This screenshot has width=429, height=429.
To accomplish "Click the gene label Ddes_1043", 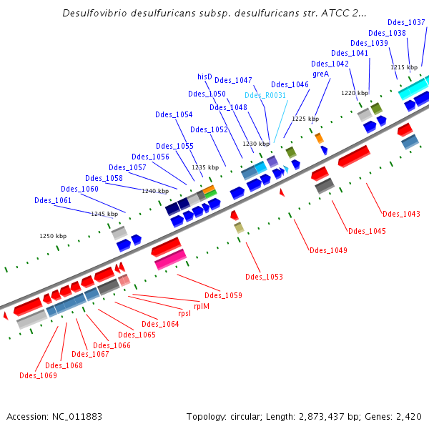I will [x=401, y=213].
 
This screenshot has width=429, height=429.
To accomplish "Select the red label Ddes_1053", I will [x=264, y=277].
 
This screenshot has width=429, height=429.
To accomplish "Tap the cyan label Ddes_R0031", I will [x=265, y=95].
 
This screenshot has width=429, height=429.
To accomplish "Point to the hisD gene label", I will [x=205, y=77].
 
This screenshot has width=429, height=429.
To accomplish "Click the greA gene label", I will [x=320, y=74].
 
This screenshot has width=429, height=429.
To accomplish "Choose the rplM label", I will [x=202, y=305].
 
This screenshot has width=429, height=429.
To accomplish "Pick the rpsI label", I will [x=184, y=313].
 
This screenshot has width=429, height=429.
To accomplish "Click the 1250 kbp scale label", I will [x=52, y=236].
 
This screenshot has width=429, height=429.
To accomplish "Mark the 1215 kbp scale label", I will [x=404, y=67].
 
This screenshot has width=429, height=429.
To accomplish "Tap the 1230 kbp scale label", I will [x=255, y=144].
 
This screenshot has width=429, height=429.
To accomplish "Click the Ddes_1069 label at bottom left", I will [x=38, y=375].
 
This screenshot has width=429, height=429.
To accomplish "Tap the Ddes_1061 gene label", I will [x=53, y=200].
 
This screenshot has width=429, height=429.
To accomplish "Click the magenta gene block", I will [x=170, y=259].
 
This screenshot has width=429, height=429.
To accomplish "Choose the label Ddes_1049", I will [x=328, y=250].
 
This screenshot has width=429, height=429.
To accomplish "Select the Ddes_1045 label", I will [x=367, y=231].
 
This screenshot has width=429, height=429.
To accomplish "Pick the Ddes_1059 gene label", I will [x=223, y=295].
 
